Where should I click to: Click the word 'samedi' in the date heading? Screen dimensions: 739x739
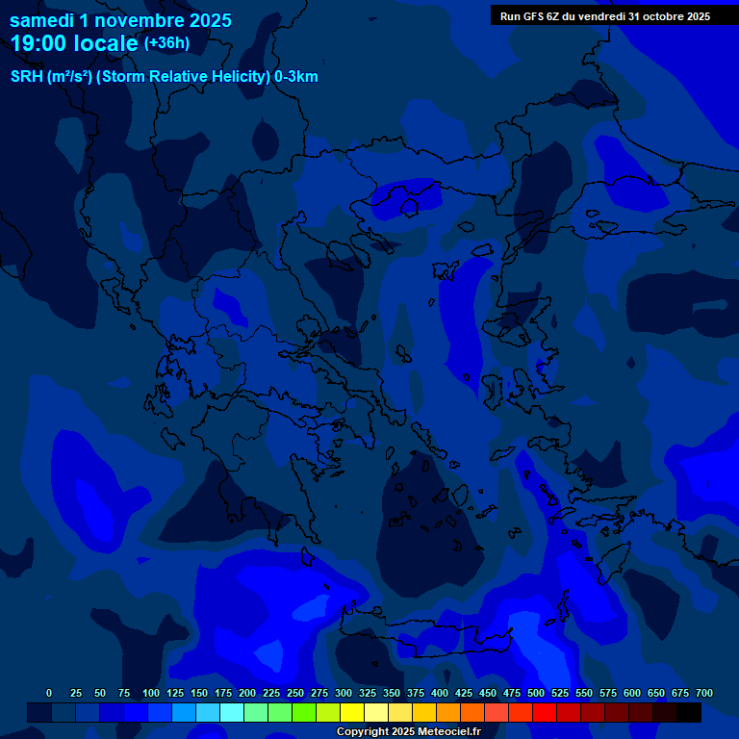(x=42, y=20)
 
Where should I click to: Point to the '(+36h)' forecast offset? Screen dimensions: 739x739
(x=166, y=43)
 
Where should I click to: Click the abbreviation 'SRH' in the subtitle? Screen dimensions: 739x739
(x=27, y=77)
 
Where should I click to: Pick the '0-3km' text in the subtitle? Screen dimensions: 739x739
(x=296, y=77)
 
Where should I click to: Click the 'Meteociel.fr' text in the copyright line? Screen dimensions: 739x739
(x=449, y=732)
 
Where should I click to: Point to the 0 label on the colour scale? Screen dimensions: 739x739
(x=49, y=694)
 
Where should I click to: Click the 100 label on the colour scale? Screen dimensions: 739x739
(x=151, y=694)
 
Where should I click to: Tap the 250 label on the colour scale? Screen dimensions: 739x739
(x=295, y=694)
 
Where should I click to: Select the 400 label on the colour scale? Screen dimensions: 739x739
(x=440, y=694)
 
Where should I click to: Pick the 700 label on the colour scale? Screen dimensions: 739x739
(x=704, y=694)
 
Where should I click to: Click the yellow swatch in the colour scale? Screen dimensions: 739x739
(x=352, y=712)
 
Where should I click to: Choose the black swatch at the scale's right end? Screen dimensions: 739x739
(x=689, y=712)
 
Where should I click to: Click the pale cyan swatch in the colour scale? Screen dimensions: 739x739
(x=232, y=712)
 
